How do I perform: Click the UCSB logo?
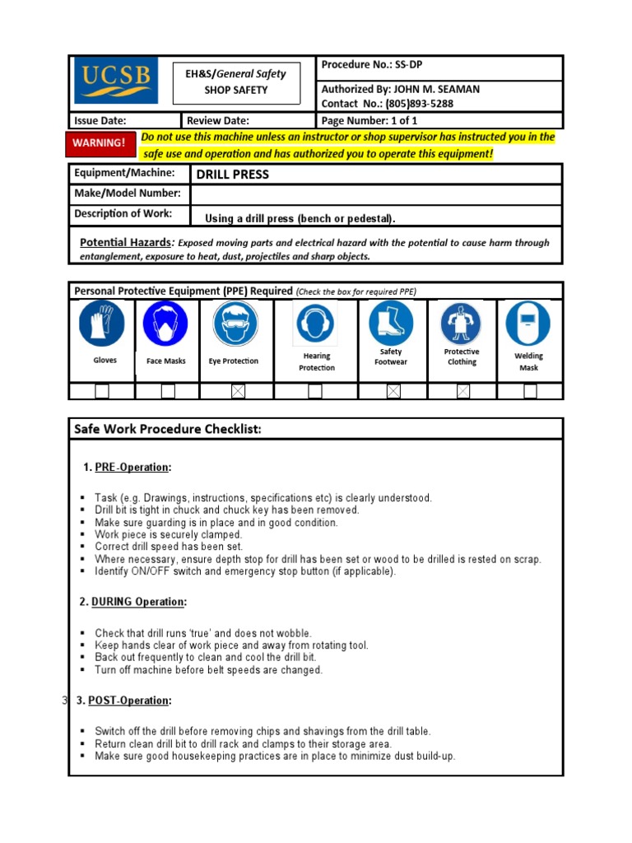coord(115,80)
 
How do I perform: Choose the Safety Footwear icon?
coord(391,322)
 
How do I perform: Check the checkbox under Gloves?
coord(102,392)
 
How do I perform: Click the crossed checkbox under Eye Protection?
coord(238,392)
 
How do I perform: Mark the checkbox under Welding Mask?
coord(530,392)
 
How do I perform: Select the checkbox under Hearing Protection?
coord(315,392)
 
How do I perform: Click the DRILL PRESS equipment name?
coord(232,175)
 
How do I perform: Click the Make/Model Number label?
coord(127,193)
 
